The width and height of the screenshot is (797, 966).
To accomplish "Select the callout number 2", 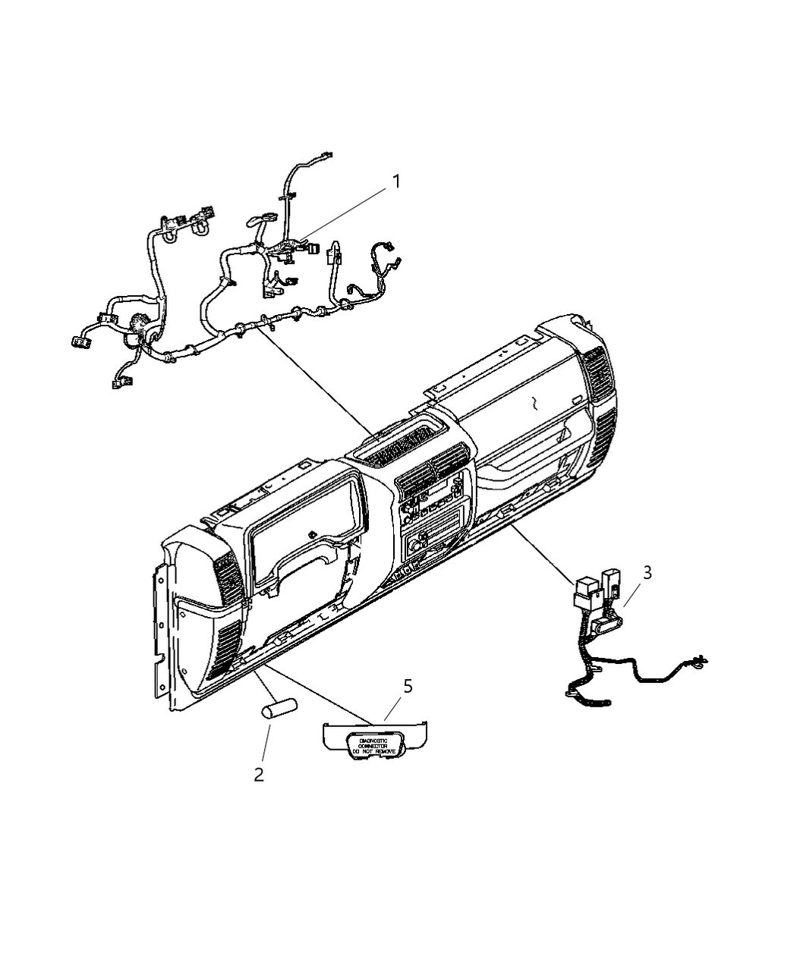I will (259, 775).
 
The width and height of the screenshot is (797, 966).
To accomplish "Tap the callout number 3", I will (647, 573).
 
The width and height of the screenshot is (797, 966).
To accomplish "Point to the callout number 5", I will (408, 686).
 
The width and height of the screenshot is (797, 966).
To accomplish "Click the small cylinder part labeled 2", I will (279, 711).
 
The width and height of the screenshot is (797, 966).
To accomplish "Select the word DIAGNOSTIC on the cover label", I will (368, 739).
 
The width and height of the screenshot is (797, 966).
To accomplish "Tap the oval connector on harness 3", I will (608, 625).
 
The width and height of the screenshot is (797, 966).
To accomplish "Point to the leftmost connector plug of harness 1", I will (79, 342).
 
